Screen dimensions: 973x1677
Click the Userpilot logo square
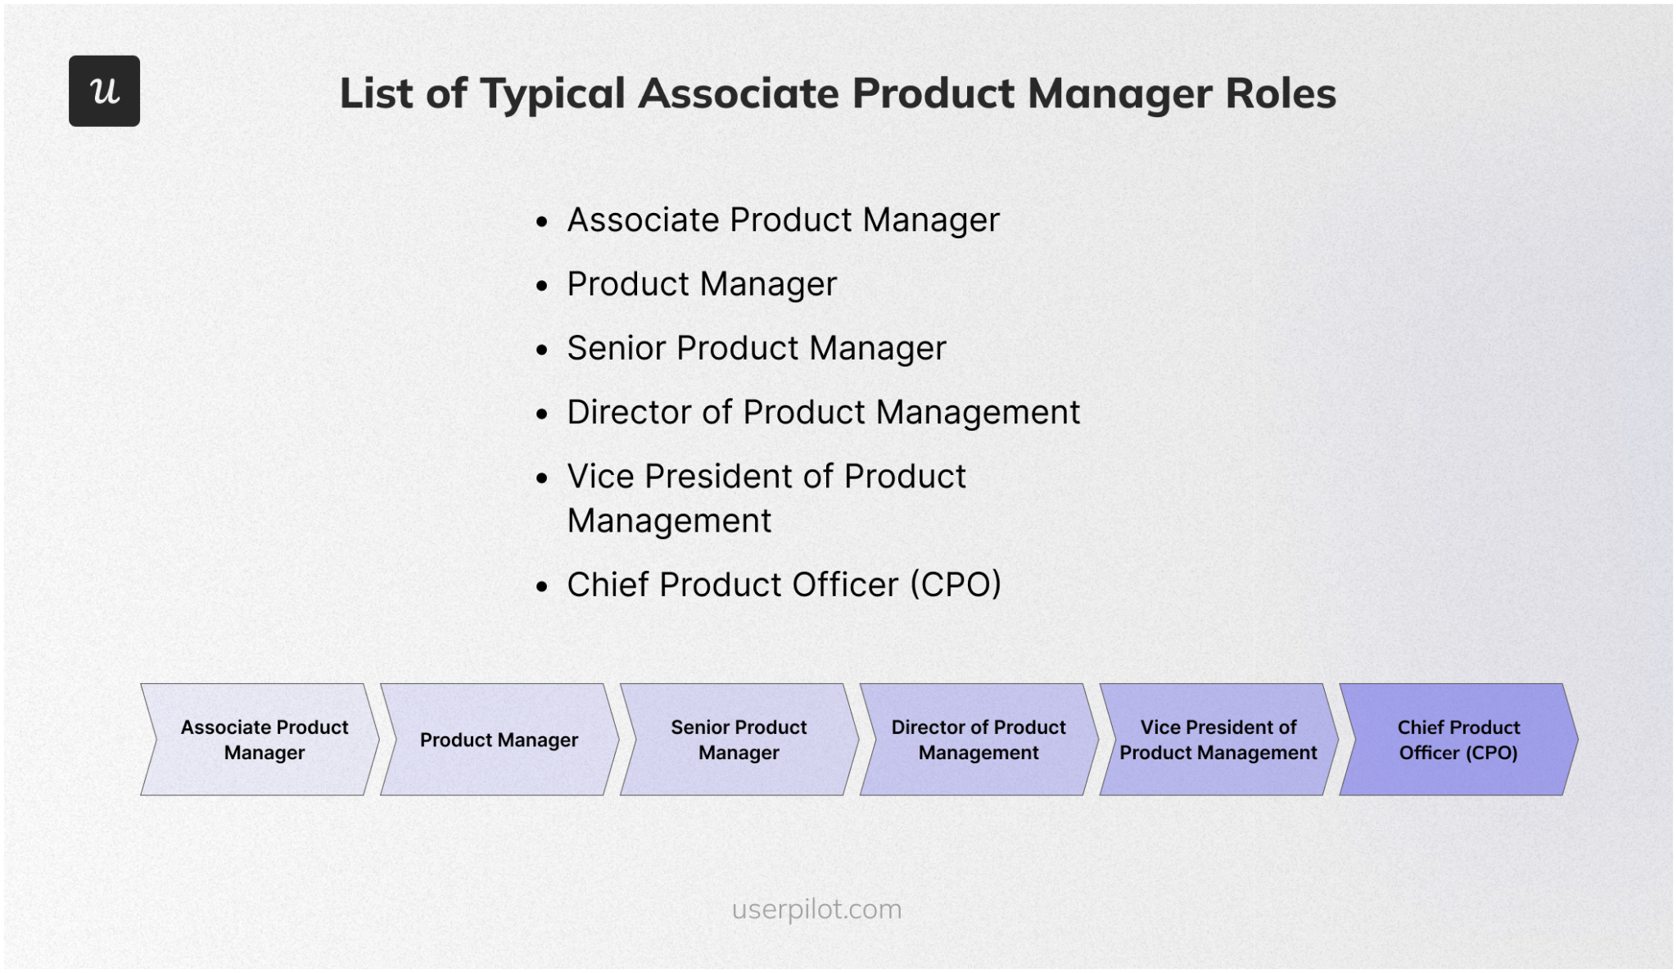tap(104, 91)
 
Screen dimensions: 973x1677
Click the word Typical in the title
tap(553, 93)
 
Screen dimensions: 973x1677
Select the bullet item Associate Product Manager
tap(783, 219)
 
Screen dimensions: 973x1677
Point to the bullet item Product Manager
tap(702, 284)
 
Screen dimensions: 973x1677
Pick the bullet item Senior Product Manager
tap(757, 348)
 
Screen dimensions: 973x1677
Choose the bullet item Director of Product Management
tap(823, 412)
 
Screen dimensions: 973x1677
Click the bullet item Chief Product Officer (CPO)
tap(784, 585)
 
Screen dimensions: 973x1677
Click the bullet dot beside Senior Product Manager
tap(541, 351)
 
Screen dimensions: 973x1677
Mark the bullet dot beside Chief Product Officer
tap(541, 587)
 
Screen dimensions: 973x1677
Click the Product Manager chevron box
tap(499, 740)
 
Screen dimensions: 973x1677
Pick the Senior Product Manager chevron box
tap(739, 740)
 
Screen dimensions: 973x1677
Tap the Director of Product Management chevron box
tap(979, 740)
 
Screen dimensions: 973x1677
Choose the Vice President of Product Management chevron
tap(1218, 740)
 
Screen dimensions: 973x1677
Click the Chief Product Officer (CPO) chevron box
tap(1458, 740)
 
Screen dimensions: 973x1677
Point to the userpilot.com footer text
tap(816, 909)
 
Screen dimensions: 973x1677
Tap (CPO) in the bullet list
tap(956, 585)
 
